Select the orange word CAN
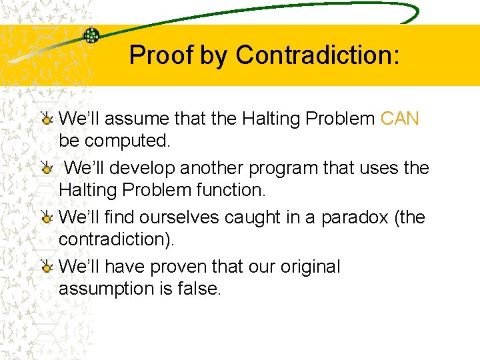click(400, 119)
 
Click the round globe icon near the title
click(91, 35)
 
